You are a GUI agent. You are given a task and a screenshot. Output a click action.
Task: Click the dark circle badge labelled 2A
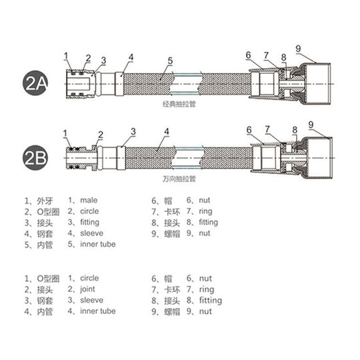click(35, 83)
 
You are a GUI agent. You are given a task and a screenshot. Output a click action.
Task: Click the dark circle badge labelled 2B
click(35, 158)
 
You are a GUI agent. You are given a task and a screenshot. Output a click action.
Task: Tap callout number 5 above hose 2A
click(170, 61)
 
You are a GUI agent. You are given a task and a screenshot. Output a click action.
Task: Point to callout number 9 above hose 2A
click(298, 49)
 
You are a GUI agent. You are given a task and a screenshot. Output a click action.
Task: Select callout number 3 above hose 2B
click(133, 132)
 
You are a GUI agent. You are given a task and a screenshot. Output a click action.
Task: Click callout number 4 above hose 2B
click(167, 131)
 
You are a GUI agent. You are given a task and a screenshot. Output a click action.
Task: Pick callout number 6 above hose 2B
click(249, 130)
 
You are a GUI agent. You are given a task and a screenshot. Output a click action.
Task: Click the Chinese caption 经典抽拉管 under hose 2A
click(179, 104)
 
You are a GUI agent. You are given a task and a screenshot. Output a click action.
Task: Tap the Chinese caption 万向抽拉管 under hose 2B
click(179, 179)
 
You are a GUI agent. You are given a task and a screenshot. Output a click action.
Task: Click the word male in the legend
click(89, 200)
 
